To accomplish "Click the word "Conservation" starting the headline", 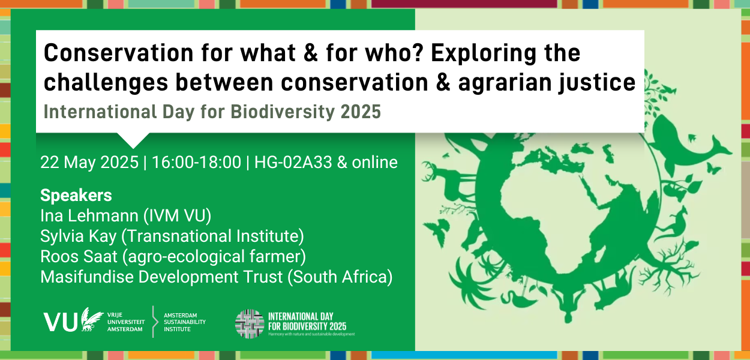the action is point(119,53).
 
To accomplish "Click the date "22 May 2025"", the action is point(89,163).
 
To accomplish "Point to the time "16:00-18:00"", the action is point(197,163).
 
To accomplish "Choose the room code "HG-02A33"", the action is point(293,163).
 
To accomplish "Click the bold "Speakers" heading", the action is point(76,196).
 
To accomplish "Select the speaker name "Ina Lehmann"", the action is point(90,215).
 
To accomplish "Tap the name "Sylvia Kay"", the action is point(79,236).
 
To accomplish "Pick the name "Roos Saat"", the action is point(79,257).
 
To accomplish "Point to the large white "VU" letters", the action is point(61,322).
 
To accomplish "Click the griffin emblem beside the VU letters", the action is point(91,319).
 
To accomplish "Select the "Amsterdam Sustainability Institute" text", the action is point(184,322).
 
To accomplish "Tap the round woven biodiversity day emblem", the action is point(250,324).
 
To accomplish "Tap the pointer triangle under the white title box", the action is point(133,140).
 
